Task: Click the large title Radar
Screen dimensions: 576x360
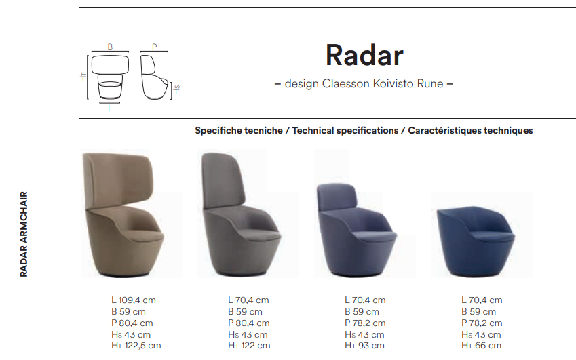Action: pyautogui.click(x=364, y=56)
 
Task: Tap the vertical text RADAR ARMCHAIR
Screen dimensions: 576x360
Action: pyautogui.click(x=24, y=234)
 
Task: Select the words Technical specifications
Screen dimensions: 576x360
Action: pyautogui.click(x=345, y=131)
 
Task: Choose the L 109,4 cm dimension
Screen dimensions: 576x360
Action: pyautogui.click(x=134, y=300)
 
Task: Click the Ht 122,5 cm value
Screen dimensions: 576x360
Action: pyautogui.click(x=136, y=346)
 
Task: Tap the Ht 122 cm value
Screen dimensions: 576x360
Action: pyautogui.click(x=249, y=346)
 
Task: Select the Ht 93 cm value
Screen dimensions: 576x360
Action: pyautogui.click(x=364, y=346)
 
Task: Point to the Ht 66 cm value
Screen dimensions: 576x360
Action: pyautogui.click(x=481, y=346)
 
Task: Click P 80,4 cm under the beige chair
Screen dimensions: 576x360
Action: pyautogui.click(x=132, y=323)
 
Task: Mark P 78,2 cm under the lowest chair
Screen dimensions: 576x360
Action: pyautogui.click(x=482, y=323)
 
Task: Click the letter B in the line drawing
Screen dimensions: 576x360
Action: pyautogui.click(x=110, y=47)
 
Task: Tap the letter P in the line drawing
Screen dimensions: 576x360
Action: pyautogui.click(x=154, y=47)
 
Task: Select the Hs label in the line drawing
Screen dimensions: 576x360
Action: pyautogui.click(x=176, y=90)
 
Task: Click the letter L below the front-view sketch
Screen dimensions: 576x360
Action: pyautogui.click(x=110, y=108)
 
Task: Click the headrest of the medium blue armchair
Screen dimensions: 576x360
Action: pyautogui.click(x=337, y=197)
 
